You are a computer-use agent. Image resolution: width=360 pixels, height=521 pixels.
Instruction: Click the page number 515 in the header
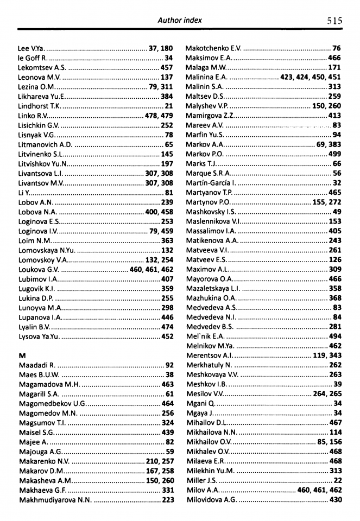334,21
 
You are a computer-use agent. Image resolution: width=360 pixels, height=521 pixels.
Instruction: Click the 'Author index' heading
179,20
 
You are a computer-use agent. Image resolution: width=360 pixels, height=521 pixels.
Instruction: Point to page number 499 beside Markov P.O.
335,154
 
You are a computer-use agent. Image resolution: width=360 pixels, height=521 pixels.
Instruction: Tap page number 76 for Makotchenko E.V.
337,48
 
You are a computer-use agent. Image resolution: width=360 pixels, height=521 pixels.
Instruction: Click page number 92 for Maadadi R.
169,365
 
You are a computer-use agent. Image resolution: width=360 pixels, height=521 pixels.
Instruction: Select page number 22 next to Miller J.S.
337,480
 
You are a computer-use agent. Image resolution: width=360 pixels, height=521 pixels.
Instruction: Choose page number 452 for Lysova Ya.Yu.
167,336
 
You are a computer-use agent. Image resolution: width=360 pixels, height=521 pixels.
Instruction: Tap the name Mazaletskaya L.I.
213,288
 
